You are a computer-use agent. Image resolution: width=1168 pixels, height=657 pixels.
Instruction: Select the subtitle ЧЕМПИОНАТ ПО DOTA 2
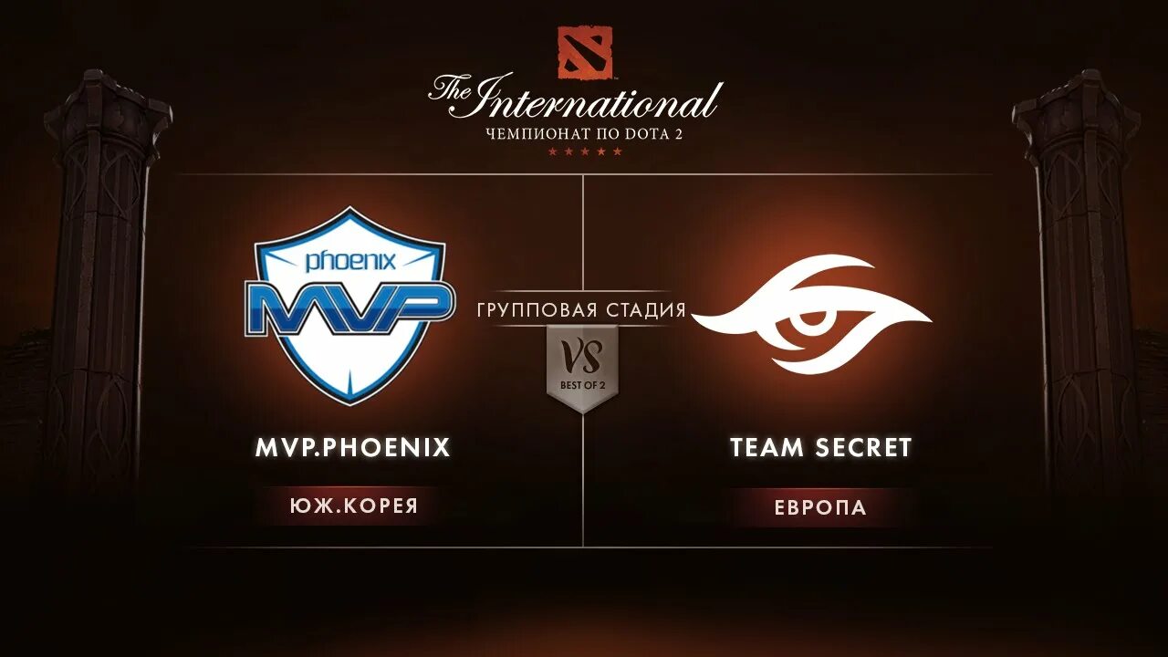584,134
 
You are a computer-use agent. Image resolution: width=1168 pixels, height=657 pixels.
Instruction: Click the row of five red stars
584,151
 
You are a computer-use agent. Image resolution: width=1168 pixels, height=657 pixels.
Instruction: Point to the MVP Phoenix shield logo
349,306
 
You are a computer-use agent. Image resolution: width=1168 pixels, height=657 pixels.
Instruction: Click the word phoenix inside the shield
350,262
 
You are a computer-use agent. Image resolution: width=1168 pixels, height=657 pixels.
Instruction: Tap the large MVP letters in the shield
350,308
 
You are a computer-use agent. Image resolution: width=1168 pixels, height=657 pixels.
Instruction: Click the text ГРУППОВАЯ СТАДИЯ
581,310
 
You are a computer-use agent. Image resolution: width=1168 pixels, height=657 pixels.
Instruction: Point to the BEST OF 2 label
582,385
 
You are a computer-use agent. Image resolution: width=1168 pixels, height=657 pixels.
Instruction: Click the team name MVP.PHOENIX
352,447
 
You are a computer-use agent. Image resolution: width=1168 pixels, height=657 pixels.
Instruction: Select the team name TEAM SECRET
820,447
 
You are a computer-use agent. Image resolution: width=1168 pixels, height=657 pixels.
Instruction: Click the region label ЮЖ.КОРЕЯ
352,506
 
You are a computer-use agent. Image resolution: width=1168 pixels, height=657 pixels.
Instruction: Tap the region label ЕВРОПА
820,507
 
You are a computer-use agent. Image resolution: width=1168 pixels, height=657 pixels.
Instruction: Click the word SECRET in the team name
862,447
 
